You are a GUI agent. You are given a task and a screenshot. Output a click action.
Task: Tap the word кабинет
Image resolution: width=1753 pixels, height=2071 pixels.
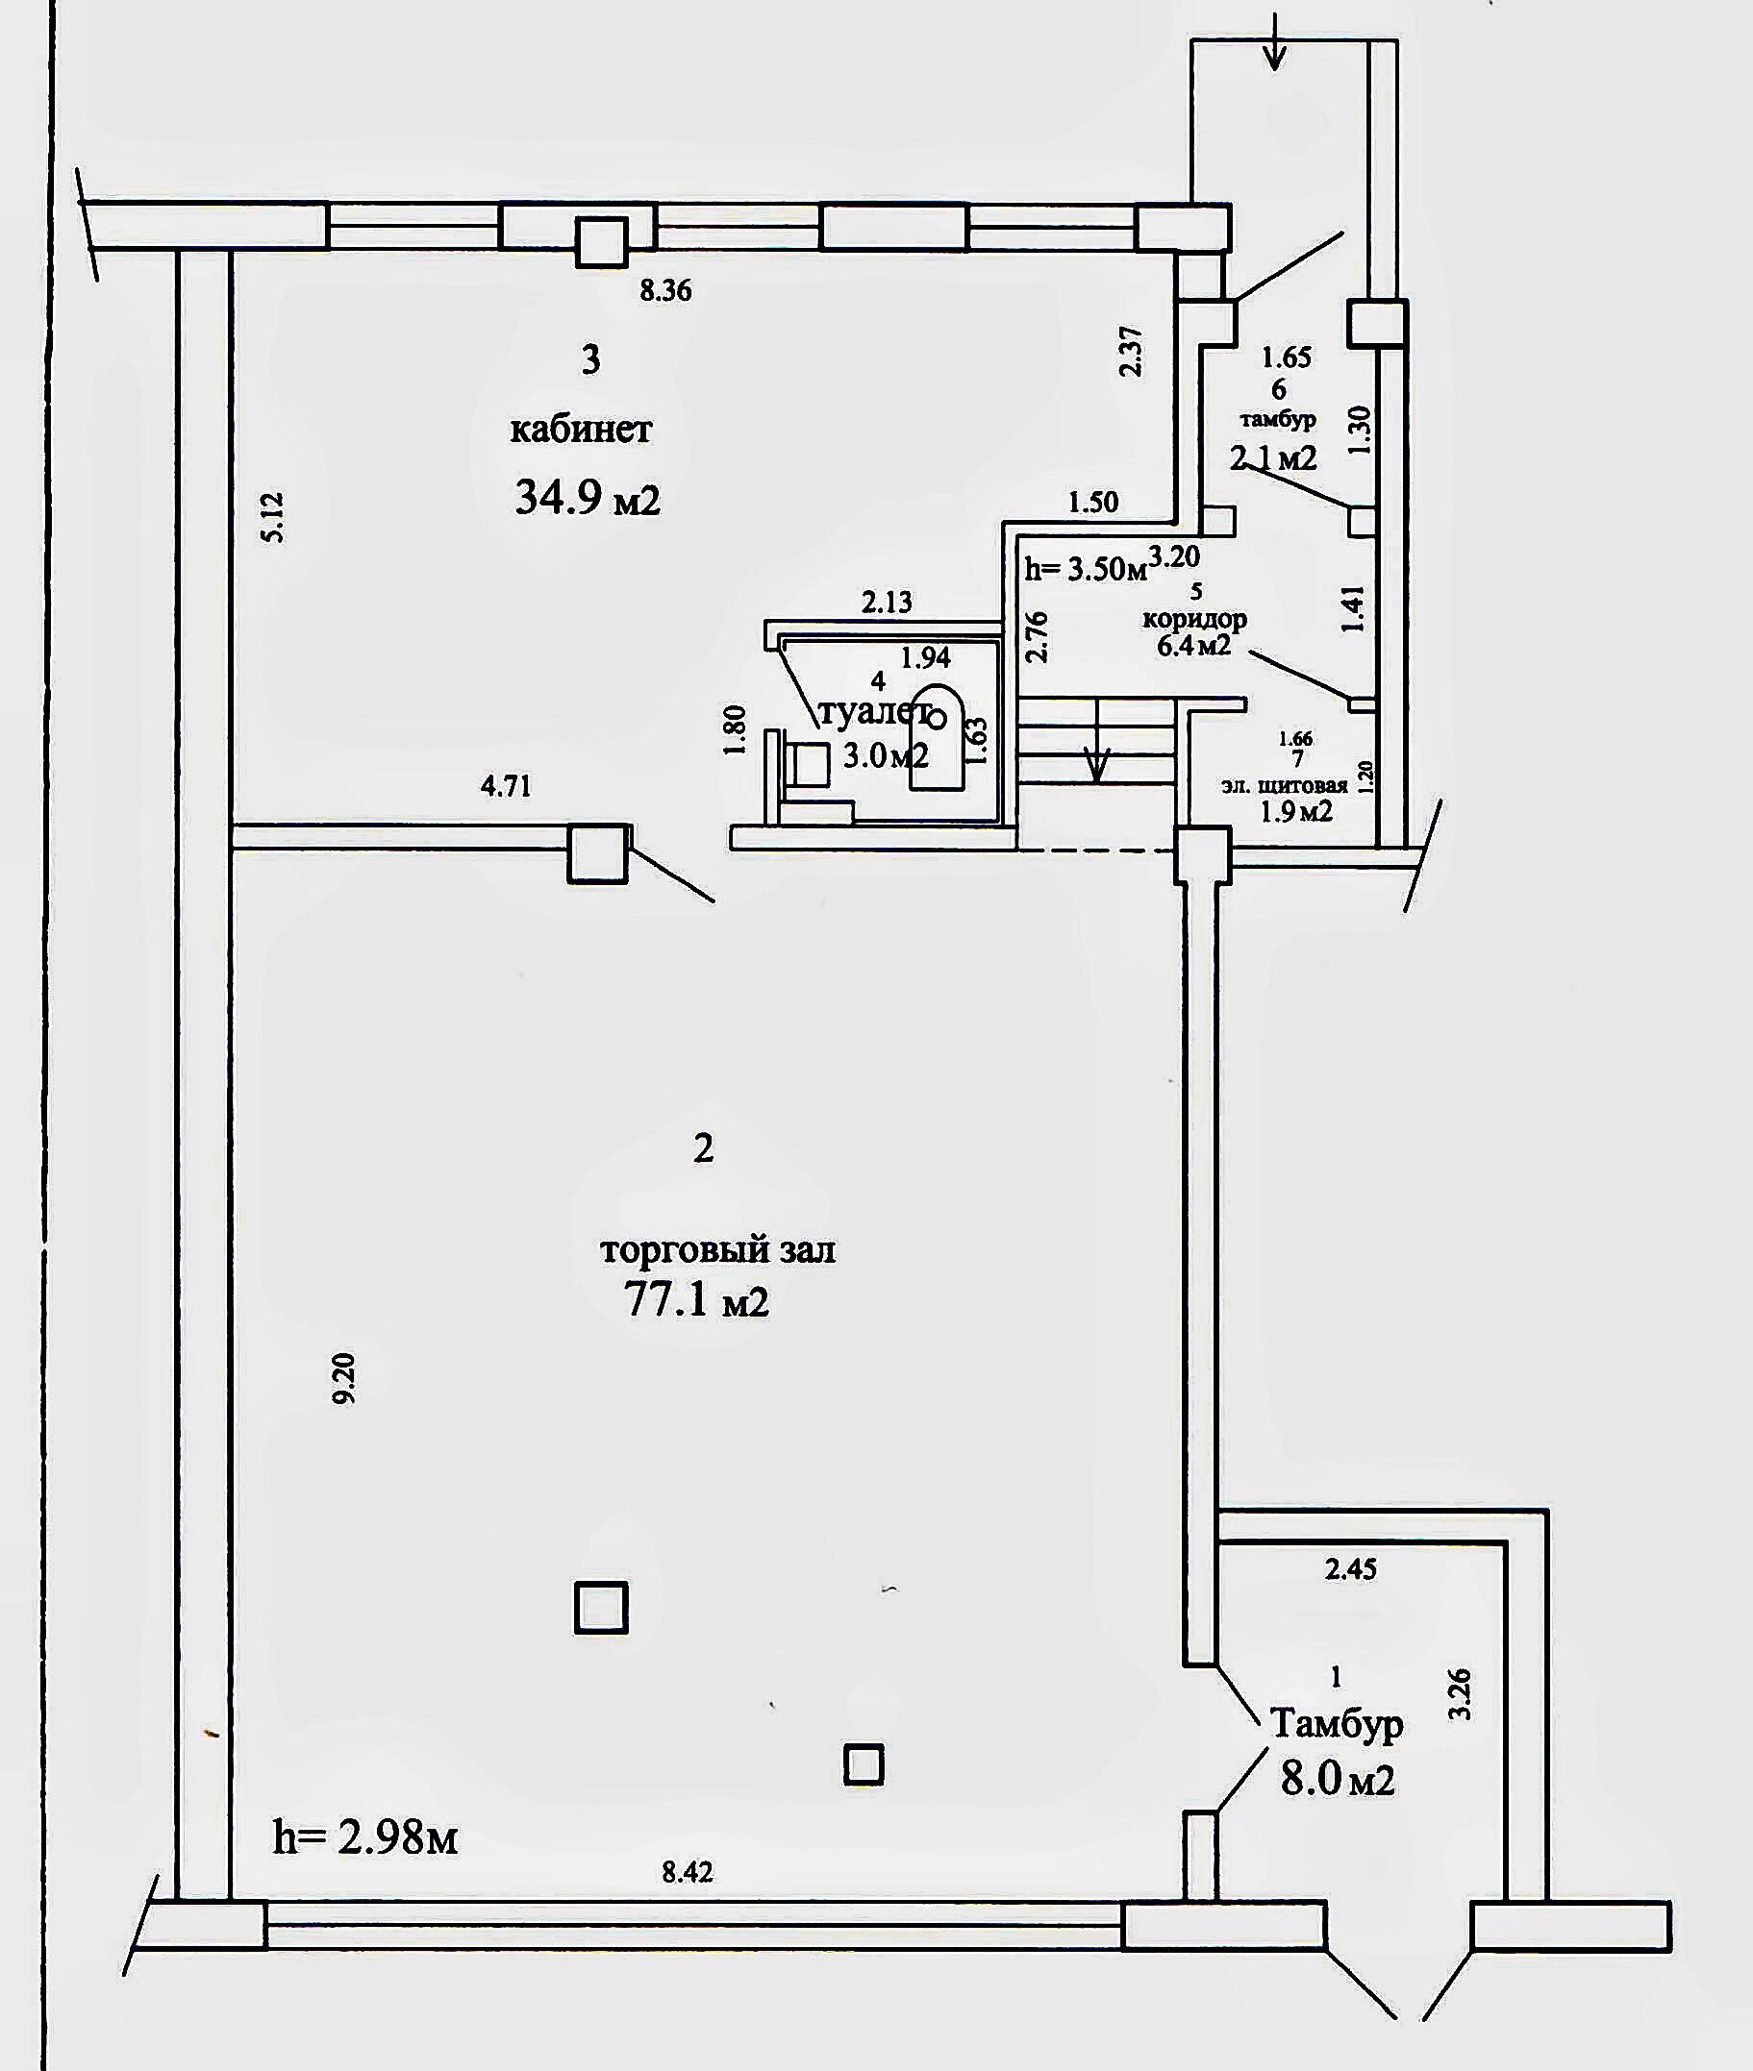582,430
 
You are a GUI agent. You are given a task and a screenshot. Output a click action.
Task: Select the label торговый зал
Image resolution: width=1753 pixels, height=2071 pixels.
717,1248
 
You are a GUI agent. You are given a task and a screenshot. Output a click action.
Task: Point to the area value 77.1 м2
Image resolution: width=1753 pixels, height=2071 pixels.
696,1298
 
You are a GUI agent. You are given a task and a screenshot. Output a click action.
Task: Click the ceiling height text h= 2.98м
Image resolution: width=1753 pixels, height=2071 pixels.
364,1838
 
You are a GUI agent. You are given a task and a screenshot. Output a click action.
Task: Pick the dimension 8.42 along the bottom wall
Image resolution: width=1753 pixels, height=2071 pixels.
688,1872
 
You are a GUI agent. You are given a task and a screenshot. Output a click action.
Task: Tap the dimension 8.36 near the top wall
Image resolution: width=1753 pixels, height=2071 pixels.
664,291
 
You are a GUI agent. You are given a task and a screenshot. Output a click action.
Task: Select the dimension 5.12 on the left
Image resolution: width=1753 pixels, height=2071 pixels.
273,516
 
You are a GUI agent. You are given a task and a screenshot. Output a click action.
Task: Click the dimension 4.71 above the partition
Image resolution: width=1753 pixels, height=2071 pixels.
506,788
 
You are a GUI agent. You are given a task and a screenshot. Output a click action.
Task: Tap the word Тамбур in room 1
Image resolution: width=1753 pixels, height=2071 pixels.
1337,1723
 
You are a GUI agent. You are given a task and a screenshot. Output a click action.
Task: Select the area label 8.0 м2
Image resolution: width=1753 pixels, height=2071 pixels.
1337,1777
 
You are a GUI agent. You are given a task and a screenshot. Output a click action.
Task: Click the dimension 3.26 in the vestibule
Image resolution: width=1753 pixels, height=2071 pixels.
1460,1694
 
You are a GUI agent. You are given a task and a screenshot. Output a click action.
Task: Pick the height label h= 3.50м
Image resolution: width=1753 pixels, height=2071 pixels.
1087,569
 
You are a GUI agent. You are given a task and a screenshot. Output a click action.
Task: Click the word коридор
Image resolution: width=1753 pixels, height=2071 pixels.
1194,619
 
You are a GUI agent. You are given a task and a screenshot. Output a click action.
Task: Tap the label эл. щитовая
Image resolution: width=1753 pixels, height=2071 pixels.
1284,785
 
